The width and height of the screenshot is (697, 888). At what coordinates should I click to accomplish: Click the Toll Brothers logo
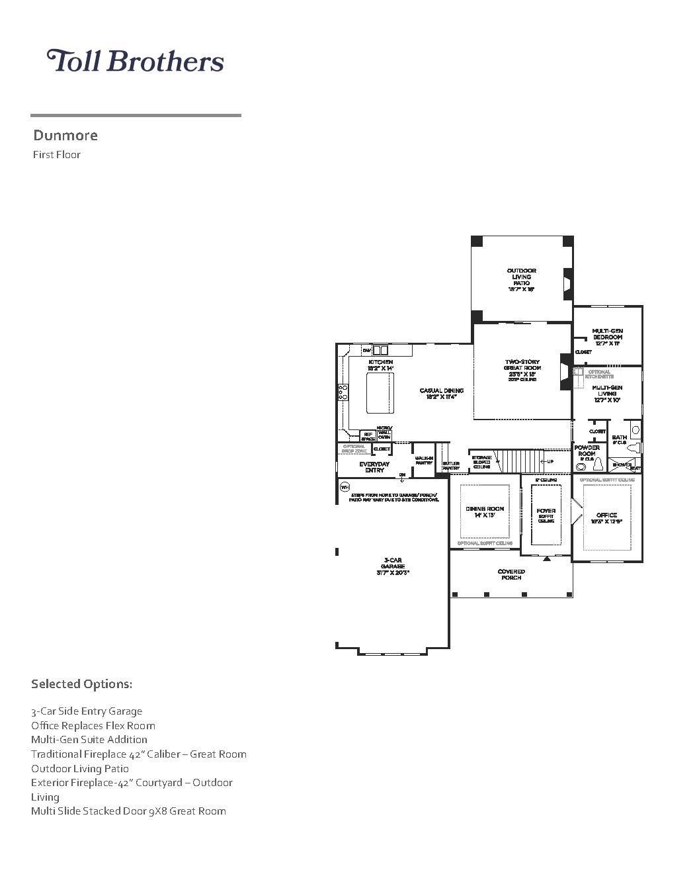pos(135,61)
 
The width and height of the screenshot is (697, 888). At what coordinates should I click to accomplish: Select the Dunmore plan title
pos(65,136)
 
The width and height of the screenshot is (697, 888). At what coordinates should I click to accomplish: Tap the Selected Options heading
pos(81,684)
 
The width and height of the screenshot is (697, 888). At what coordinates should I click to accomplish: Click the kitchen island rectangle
pos(380,393)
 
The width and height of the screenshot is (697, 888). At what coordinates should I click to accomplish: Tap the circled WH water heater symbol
pos(344,487)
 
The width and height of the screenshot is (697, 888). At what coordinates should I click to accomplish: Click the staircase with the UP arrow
pos(522,461)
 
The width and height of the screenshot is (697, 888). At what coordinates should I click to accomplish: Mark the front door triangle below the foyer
pos(547,559)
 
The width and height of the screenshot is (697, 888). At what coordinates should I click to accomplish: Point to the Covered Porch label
pos(511,574)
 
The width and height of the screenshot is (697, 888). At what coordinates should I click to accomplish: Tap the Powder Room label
pos(587,451)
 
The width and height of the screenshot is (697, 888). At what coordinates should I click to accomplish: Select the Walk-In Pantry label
pos(424,461)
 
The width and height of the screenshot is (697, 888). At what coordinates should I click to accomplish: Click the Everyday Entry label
pos(374,467)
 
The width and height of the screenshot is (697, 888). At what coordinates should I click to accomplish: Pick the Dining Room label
pos(485,511)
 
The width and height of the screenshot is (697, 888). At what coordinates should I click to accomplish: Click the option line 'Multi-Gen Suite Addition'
pos(89,740)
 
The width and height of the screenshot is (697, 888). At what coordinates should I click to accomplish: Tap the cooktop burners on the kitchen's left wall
pos(343,392)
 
